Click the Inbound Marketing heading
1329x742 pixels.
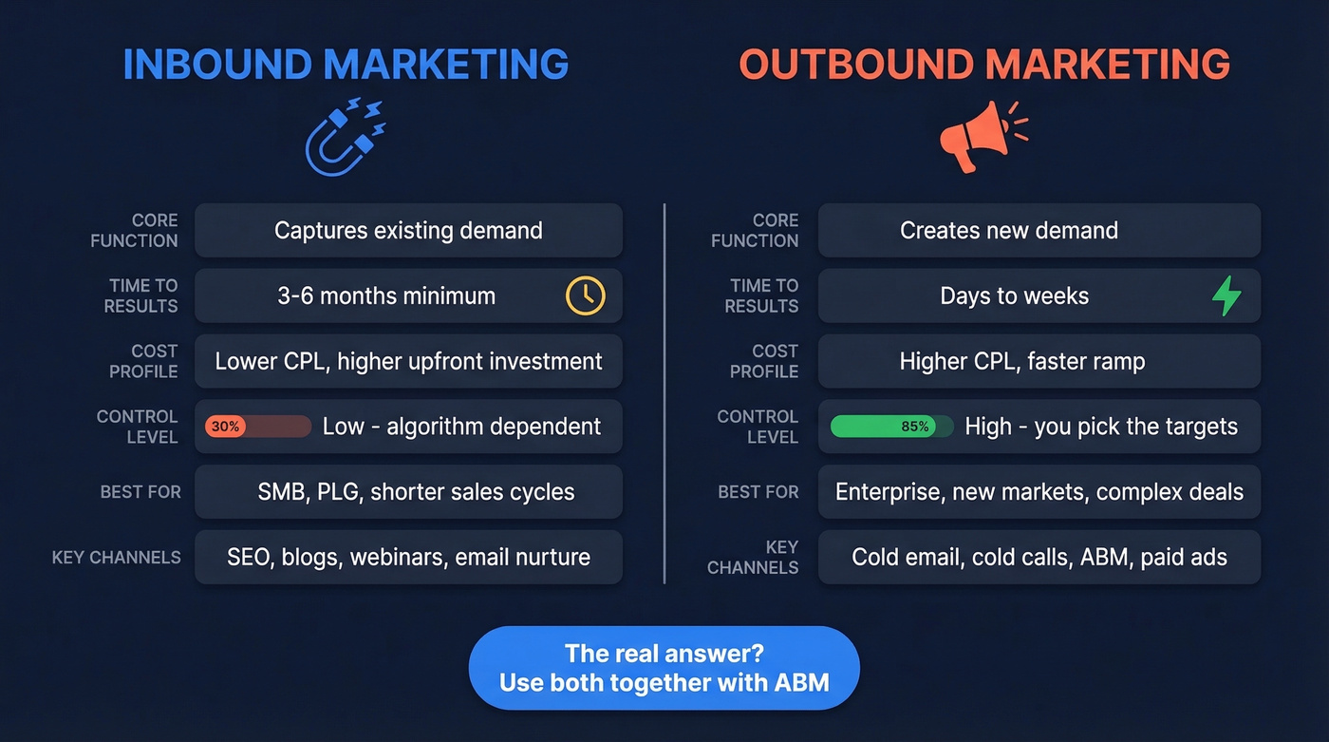[346, 64]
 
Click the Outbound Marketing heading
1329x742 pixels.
[984, 64]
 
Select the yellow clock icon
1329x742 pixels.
[585, 295]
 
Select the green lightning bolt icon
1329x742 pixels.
[1226, 295]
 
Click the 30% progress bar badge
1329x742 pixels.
[226, 427]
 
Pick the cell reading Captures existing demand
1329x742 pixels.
[408, 230]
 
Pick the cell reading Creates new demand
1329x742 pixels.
[1009, 230]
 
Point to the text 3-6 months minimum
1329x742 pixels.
[386, 295]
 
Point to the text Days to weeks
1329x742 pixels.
[1014, 295]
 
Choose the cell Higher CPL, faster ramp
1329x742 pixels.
[1022, 361]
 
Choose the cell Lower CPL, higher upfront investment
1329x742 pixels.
[408, 361]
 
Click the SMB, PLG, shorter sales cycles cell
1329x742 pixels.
[416, 492]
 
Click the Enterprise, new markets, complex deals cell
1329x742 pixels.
[1039, 492]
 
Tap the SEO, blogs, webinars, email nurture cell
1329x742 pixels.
[408, 558]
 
